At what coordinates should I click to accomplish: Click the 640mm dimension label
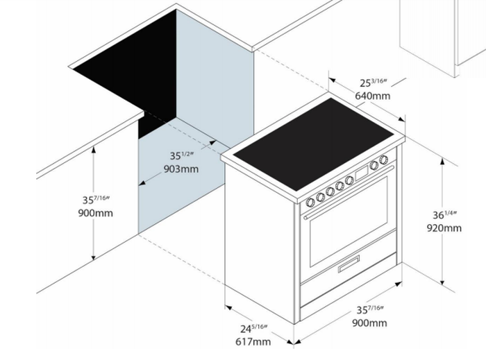point(373,96)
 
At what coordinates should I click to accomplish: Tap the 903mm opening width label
point(181,169)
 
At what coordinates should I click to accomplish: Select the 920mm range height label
point(444,228)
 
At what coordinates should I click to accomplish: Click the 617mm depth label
point(253,342)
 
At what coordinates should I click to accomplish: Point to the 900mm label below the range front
point(369,323)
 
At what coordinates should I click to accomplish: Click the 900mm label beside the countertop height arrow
point(96,213)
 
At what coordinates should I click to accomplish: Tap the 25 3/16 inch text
point(374,83)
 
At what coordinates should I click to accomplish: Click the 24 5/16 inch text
point(254,328)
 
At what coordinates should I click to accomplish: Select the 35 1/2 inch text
point(182,155)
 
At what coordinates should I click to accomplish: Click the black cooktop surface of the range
point(313,144)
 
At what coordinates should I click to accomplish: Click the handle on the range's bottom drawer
point(349,264)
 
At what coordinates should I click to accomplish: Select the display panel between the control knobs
point(362,173)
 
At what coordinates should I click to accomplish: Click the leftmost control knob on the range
point(310,203)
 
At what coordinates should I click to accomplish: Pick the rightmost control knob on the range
point(384,160)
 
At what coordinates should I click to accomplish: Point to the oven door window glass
point(349,222)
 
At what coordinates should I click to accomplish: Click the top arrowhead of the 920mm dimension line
point(442,161)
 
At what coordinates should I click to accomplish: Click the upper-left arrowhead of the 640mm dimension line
point(333,80)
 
